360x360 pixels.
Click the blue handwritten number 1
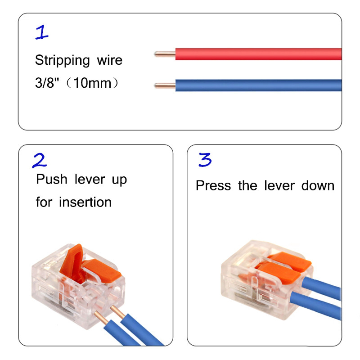pyautogui.click(x=42, y=32)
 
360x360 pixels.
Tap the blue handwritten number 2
pyautogui.click(x=40, y=160)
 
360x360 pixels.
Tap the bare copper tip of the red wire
pyautogui.click(x=164, y=54)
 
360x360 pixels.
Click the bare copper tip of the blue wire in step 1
pyautogui.click(x=164, y=85)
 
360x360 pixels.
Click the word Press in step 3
pyautogui.click(x=213, y=185)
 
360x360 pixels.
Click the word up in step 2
pyautogui.click(x=119, y=180)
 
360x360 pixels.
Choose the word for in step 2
pyautogui.click(x=44, y=202)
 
